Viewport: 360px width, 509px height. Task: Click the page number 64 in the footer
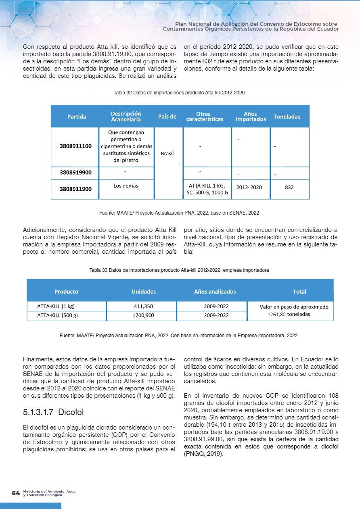[16, 493]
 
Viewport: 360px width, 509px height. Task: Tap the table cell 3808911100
[75, 146]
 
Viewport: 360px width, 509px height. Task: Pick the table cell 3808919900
[75, 173]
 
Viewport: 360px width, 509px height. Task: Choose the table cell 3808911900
[75, 188]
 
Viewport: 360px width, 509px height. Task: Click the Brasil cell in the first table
[167, 154]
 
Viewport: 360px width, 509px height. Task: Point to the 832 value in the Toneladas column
[289, 188]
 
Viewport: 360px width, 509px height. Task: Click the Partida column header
[77, 117]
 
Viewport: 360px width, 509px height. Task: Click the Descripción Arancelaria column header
[126, 117]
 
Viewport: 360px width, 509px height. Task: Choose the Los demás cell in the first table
[126, 186]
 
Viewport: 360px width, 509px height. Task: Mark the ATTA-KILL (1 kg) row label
[56, 306]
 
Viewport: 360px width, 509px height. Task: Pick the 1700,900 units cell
[143, 315]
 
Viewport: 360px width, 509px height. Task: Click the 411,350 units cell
[143, 306]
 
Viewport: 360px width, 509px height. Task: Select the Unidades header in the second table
[144, 291]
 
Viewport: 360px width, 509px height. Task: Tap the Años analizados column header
[215, 291]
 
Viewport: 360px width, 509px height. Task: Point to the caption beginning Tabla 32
[179, 93]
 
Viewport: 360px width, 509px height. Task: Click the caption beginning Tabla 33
[179, 269]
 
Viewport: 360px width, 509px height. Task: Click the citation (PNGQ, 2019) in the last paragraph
[203, 453]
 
